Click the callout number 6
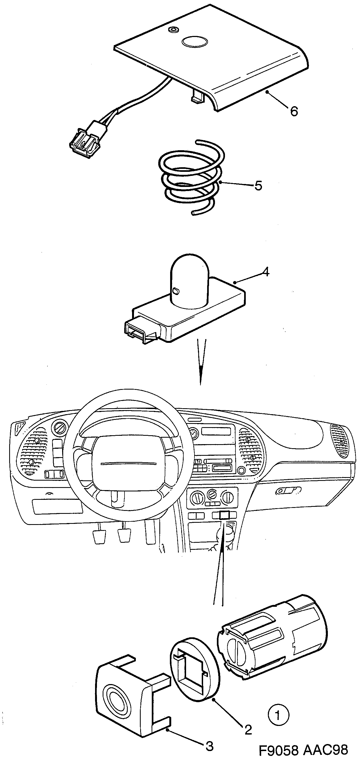click(x=294, y=111)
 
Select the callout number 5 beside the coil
click(x=258, y=185)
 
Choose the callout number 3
click(x=209, y=746)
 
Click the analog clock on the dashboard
click(x=193, y=433)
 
